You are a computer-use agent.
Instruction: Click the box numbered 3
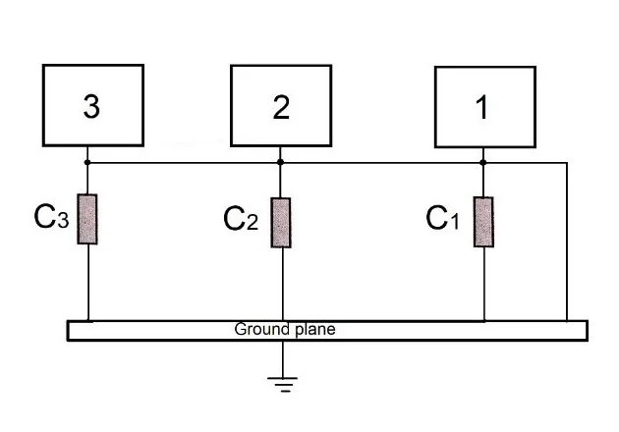click(93, 104)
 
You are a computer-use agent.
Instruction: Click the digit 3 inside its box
click(91, 108)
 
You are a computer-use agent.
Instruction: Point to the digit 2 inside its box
click(281, 108)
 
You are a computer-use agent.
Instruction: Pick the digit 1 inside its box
click(481, 108)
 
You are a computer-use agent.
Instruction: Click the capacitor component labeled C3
click(88, 219)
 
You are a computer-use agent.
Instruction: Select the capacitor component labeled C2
click(281, 222)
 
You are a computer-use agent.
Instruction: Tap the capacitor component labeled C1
click(483, 222)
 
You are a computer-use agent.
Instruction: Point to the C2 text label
click(242, 218)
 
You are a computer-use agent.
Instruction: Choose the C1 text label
click(442, 218)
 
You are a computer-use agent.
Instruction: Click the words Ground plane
click(284, 330)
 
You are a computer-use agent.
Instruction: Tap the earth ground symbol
click(285, 383)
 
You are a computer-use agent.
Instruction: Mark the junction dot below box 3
click(88, 162)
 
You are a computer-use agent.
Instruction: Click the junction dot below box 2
click(281, 162)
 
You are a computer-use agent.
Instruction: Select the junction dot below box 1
click(483, 162)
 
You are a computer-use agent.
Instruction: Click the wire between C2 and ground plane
click(282, 285)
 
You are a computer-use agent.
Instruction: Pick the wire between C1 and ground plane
click(484, 285)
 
